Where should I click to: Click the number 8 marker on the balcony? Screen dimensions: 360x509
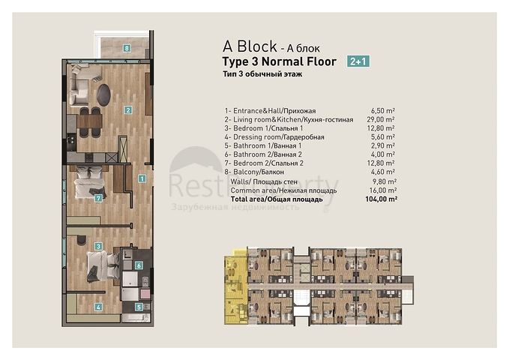point(128,48)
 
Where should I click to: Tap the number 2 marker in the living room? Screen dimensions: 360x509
point(128,110)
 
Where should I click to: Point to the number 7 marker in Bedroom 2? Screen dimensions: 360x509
point(98,198)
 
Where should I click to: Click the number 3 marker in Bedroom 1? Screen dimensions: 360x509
point(98,246)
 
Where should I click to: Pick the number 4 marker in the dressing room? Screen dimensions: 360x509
point(98,307)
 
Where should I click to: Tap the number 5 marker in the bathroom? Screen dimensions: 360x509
point(139,306)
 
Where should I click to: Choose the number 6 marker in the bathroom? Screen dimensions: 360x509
point(139,265)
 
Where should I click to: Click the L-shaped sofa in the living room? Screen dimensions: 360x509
point(82,86)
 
